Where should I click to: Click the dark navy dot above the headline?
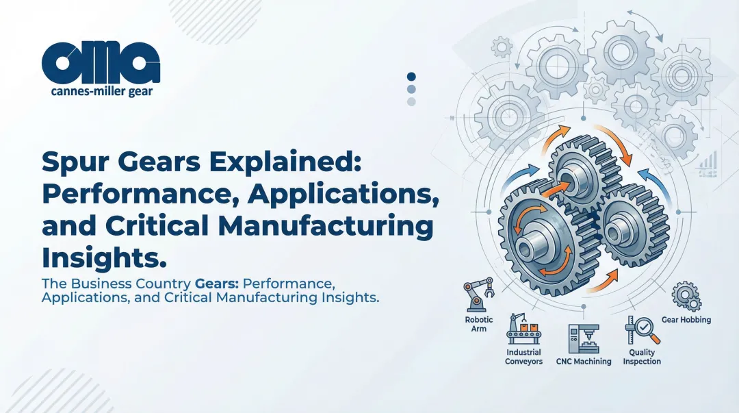(411, 77)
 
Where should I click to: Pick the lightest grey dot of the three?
(411, 101)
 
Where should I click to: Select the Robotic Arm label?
(478, 324)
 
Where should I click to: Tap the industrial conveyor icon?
(523, 329)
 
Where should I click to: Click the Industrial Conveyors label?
(524, 356)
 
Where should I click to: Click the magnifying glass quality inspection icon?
(642, 331)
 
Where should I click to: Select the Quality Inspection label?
(642, 356)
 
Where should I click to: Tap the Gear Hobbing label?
(686, 320)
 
